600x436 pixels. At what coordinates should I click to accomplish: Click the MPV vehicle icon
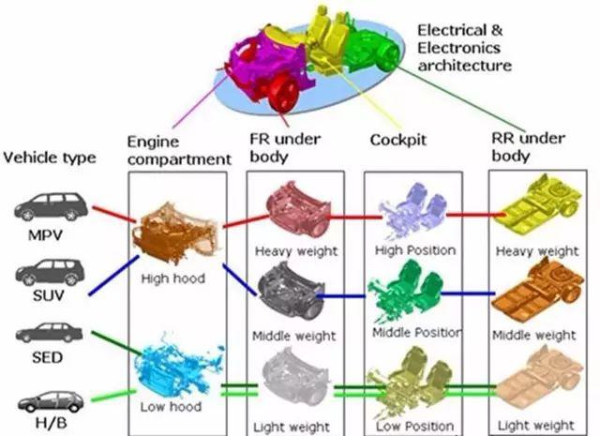tap(51, 206)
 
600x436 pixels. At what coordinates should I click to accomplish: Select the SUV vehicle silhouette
tap(50, 272)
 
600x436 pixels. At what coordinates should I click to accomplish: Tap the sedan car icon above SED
tap(49, 333)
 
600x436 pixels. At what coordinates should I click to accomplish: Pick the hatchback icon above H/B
tap(51, 401)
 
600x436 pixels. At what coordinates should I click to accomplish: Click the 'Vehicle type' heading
tap(50, 158)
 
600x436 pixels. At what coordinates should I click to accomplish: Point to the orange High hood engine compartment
tap(176, 233)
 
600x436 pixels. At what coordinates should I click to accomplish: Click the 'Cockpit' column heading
tap(397, 140)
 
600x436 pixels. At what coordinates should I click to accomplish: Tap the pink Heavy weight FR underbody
tap(298, 210)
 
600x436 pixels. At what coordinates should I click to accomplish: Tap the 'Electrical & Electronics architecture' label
tap(464, 48)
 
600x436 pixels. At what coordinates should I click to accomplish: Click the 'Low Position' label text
tap(415, 426)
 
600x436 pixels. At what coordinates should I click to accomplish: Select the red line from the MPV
tap(114, 214)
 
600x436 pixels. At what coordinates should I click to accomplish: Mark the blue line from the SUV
tap(113, 276)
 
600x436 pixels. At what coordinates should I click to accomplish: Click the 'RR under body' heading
tap(528, 147)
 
